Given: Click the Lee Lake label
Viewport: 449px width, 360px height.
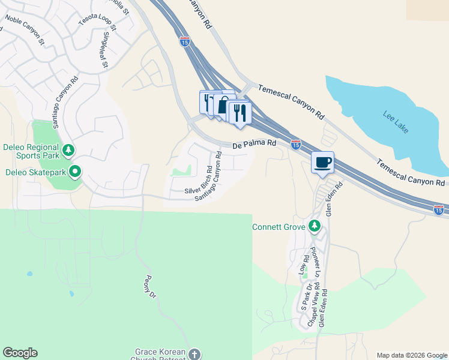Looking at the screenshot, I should pyautogui.click(x=394, y=118).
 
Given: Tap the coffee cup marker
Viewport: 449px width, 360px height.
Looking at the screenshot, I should pyautogui.click(x=323, y=162).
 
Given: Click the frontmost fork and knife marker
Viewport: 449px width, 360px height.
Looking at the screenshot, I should pyautogui.click(x=240, y=112).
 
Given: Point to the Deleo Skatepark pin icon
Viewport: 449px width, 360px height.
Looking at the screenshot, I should pyautogui.click(x=75, y=172).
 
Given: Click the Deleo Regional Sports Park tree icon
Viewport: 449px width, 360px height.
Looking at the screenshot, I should pyautogui.click(x=68, y=149).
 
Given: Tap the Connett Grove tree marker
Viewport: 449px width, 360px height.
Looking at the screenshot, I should pyautogui.click(x=313, y=226).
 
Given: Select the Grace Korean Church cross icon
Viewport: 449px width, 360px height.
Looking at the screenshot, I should pyautogui.click(x=194, y=354).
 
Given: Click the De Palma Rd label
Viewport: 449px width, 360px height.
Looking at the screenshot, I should pyautogui.click(x=255, y=143).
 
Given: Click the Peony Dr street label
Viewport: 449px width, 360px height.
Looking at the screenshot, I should pyautogui.click(x=150, y=287).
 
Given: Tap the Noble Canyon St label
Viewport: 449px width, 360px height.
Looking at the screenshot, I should pyautogui.click(x=25, y=29).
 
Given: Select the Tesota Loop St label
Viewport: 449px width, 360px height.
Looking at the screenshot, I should pyautogui.click(x=97, y=20).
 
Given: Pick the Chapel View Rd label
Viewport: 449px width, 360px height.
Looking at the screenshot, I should pyautogui.click(x=313, y=308).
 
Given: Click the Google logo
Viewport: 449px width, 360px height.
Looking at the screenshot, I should pyautogui.click(x=20, y=353).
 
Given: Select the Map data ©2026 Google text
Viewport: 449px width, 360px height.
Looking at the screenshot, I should pyautogui.click(x=411, y=355).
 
